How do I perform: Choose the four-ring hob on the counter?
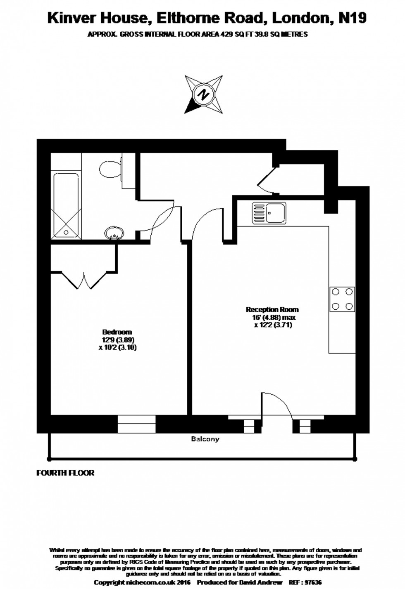342,299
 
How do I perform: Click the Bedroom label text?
117,332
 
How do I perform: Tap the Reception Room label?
272,309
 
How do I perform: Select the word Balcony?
205,439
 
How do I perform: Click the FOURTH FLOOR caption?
65,473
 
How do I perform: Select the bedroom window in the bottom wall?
136,424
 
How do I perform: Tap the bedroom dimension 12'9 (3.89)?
119,340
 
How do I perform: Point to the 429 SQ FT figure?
231,35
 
